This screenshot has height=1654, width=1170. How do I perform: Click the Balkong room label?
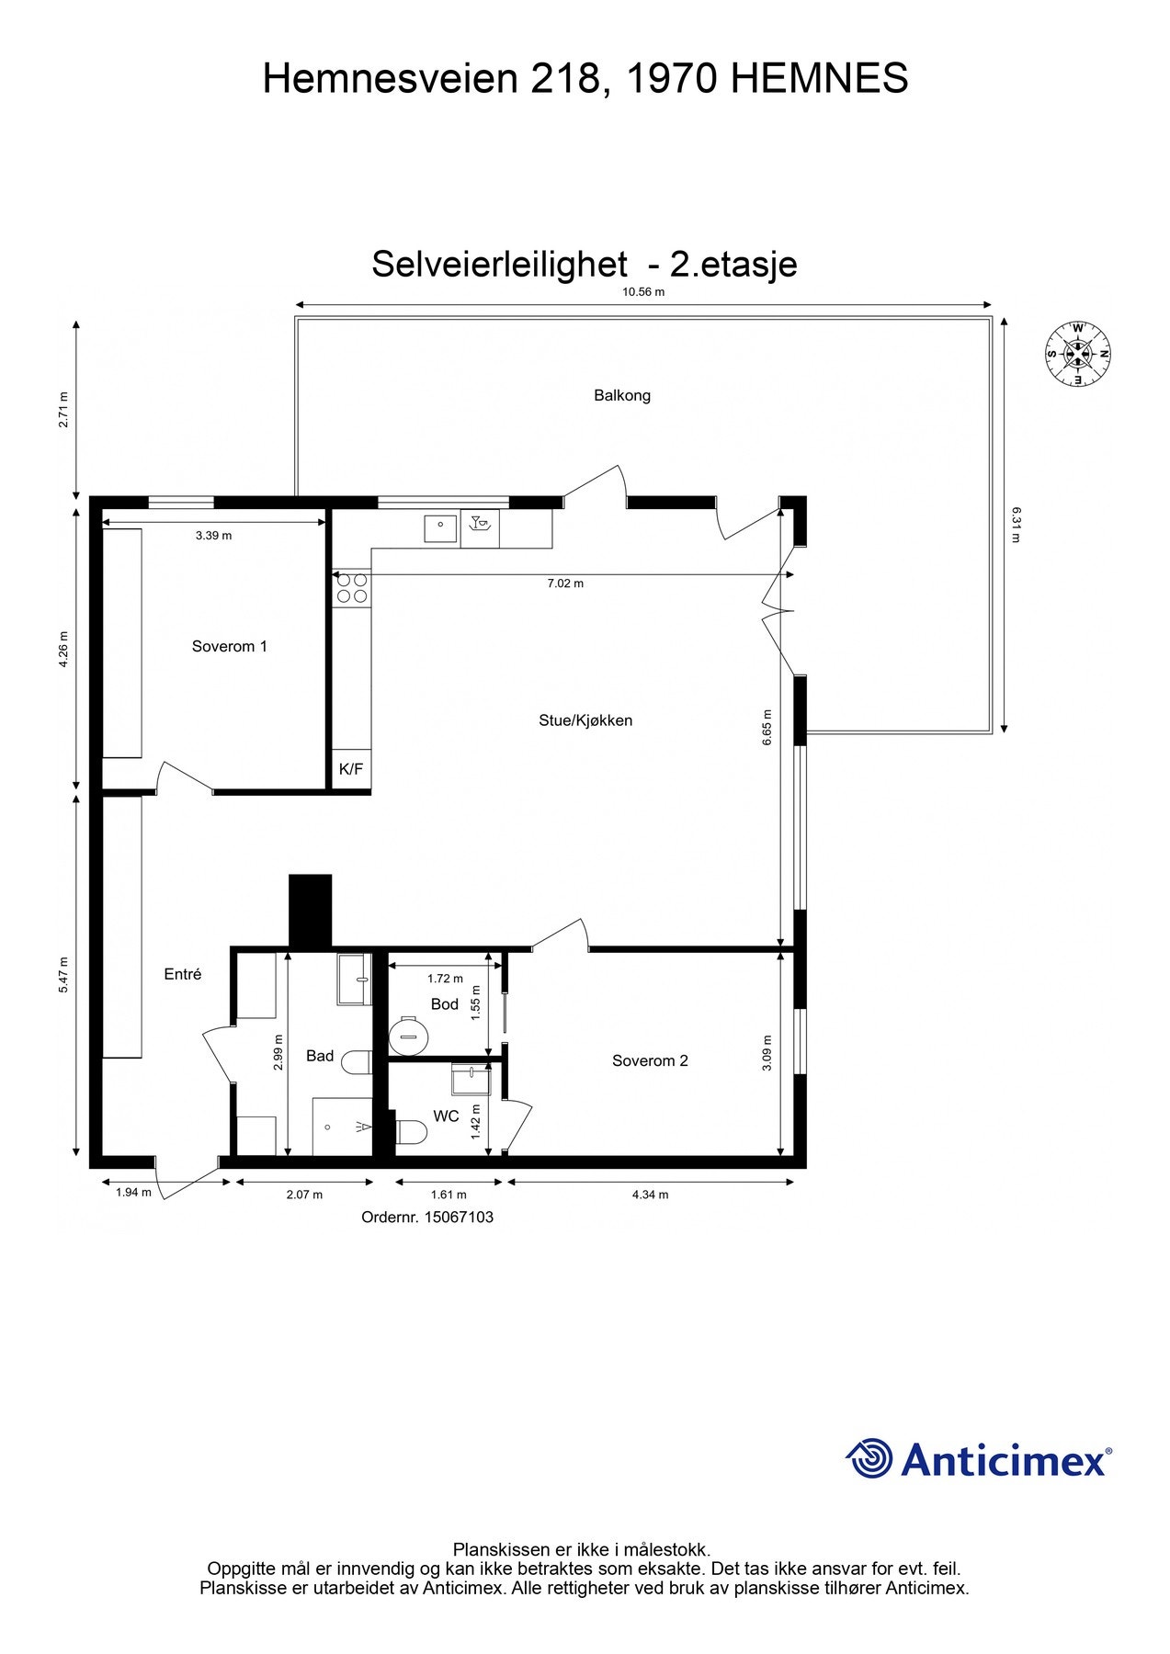pos(622,396)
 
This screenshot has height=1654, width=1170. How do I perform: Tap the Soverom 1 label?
pos(230,647)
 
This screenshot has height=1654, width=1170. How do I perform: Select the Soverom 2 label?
pos(650,1061)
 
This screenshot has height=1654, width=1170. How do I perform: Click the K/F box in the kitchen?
pos(351,770)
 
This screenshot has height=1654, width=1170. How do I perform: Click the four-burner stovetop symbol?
pos(351,588)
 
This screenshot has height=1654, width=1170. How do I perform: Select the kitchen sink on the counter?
pos(441,529)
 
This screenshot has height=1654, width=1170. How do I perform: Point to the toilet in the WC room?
pos(410,1132)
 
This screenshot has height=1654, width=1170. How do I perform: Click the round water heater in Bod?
pos(408,1037)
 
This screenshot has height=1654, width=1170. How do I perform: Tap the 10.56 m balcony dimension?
pos(643,292)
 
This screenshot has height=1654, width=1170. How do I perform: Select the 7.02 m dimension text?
pos(565,583)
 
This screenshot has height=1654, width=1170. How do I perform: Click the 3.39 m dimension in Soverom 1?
pos(213,536)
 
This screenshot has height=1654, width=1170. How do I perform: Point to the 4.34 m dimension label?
pos(650,1195)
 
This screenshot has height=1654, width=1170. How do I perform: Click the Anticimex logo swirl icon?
pos(869,1459)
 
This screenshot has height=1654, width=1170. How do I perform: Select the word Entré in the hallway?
pos(183,975)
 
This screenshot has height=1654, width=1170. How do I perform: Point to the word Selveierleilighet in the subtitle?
pos(499,265)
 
